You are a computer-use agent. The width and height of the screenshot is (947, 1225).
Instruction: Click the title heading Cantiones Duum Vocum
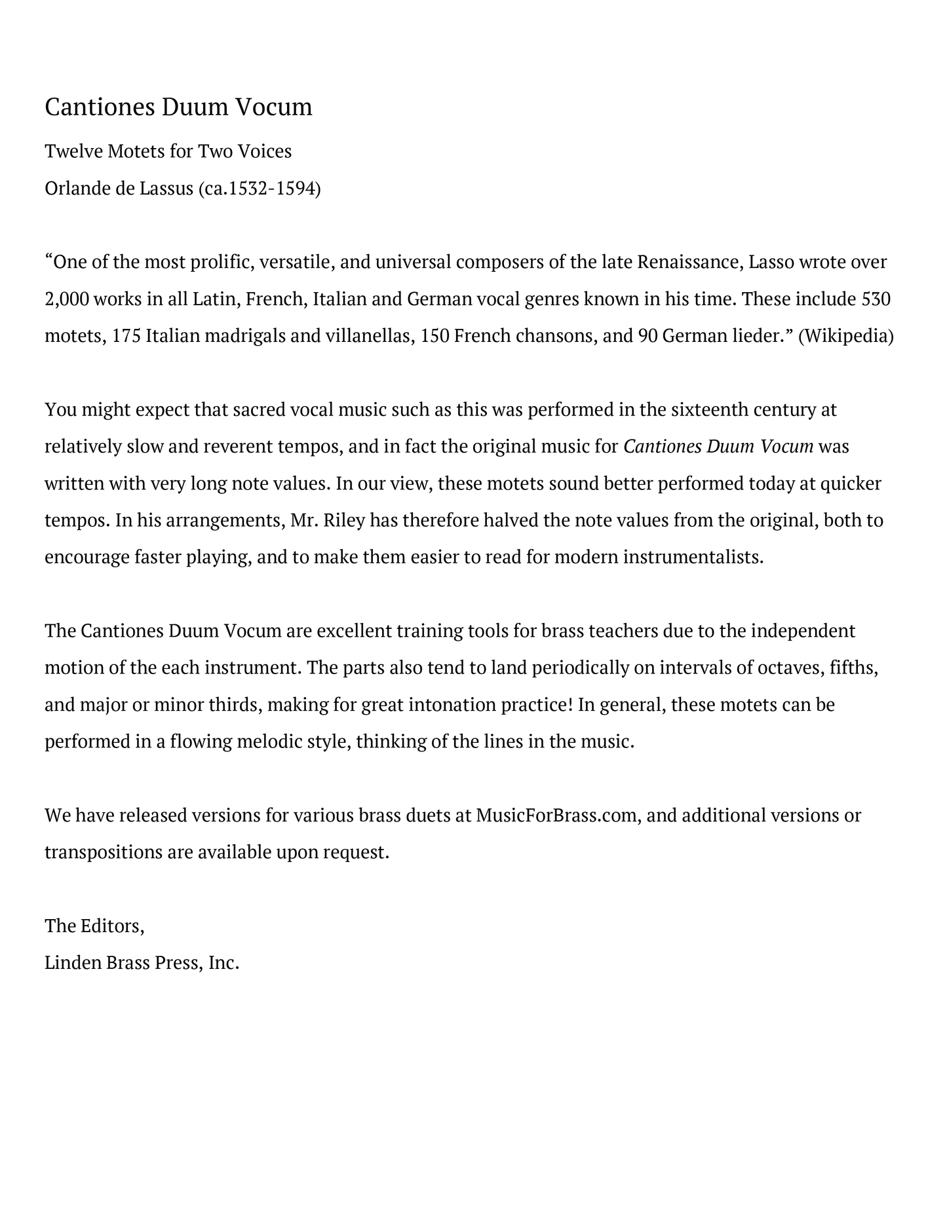[x=178, y=107]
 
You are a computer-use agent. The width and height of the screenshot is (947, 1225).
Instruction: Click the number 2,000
[x=66, y=299]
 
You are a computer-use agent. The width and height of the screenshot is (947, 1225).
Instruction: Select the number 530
[x=876, y=299]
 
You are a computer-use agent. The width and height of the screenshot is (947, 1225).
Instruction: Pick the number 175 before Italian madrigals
[x=126, y=336]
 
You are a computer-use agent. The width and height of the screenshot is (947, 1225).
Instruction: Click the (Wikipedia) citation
[x=845, y=336]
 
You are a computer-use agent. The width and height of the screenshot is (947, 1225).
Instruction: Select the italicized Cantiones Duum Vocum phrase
[x=718, y=447]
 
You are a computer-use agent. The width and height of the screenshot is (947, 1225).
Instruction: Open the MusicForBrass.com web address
[x=556, y=816]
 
